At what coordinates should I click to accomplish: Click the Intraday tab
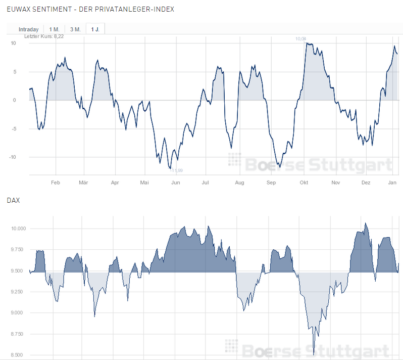(29, 29)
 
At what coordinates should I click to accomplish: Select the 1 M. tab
(55, 29)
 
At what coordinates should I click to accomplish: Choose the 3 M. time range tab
(75, 29)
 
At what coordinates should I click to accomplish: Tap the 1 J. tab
(95, 29)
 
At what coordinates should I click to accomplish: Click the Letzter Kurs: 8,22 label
(44, 36)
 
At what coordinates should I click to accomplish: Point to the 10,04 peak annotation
(301, 39)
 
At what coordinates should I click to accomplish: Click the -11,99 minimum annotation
(176, 170)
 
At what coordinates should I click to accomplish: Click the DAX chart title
(13, 201)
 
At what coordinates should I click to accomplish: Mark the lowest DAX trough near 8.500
(314, 354)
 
